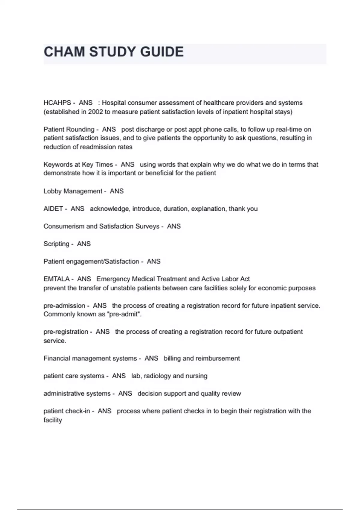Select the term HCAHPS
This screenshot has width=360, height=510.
click(57, 103)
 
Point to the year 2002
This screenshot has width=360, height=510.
click(95, 112)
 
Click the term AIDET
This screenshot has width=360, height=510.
click(53, 209)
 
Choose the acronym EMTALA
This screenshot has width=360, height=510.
click(56, 279)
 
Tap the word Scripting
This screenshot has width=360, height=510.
click(56, 244)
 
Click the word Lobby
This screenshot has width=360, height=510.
click(52, 191)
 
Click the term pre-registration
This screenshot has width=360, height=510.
click(66, 332)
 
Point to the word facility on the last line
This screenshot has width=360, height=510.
click(52, 420)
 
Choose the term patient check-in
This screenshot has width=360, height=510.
click(67, 411)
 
